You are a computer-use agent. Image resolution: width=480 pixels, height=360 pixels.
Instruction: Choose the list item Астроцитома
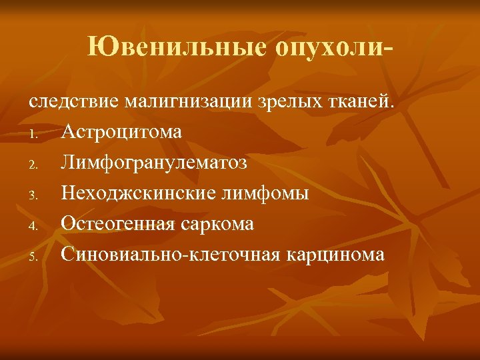[x=121, y=132]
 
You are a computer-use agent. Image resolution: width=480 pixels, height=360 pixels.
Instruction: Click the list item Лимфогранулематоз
[x=154, y=163]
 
